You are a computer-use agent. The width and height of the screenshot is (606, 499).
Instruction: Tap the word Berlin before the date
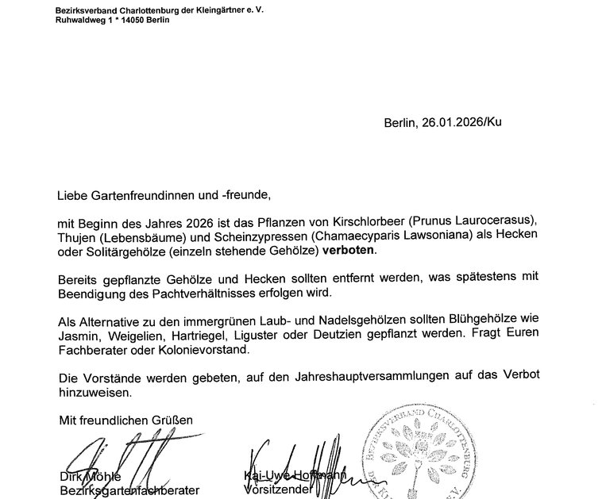point(399,123)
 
